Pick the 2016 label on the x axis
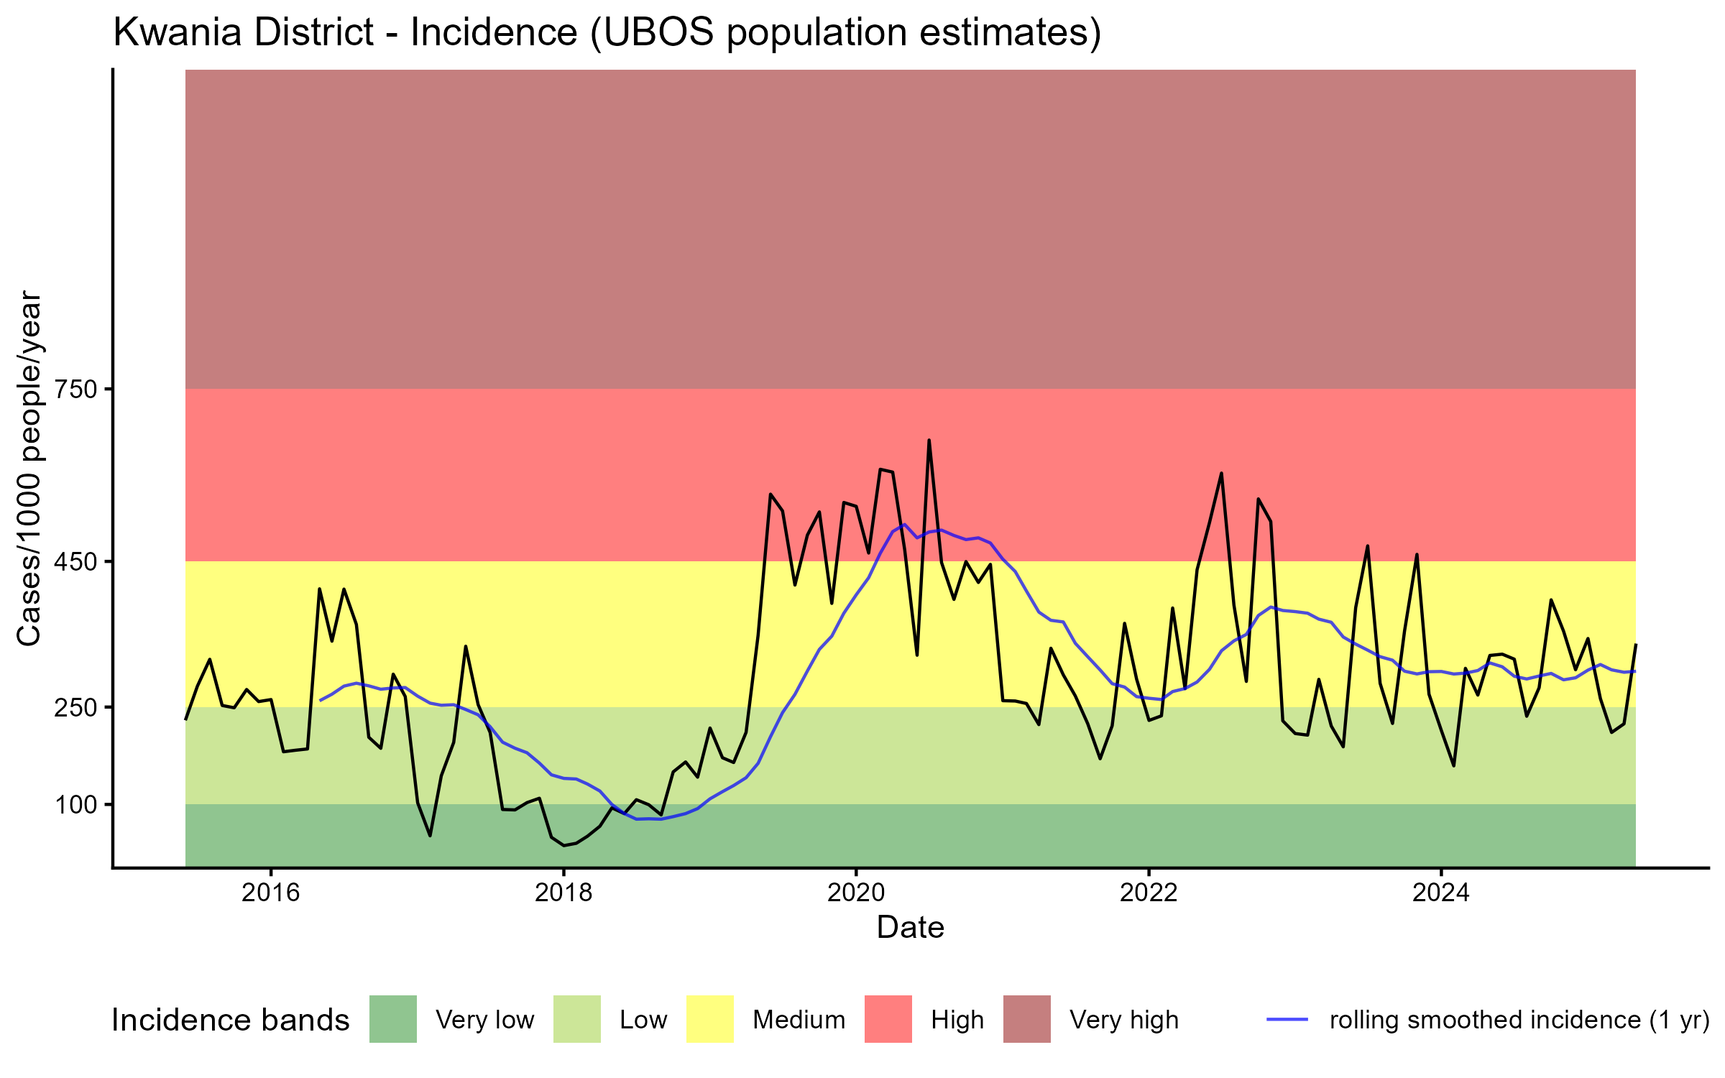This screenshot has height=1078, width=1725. click(x=271, y=893)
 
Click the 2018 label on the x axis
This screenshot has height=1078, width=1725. click(x=563, y=893)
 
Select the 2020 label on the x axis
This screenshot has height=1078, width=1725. click(x=856, y=893)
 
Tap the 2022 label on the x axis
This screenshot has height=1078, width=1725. click(x=1149, y=893)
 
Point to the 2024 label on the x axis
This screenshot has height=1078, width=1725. click(x=1441, y=893)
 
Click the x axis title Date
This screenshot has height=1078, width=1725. click(x=910, y=928)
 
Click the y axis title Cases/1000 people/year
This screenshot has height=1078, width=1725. click(x=30, y=468)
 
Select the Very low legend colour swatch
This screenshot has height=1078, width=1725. click(x=393, y=1019)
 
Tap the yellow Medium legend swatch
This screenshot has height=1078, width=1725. click(x=710, y=1019)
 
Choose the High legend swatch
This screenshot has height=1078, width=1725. click(x=888, y=1019)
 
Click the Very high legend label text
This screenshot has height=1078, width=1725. click(x=1124, y=1021)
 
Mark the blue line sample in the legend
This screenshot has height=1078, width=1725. click(x=1287, y=1019)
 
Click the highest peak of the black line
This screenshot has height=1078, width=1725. click(x=929, y=441)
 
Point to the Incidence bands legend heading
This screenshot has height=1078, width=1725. click(x=231, y=1021)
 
